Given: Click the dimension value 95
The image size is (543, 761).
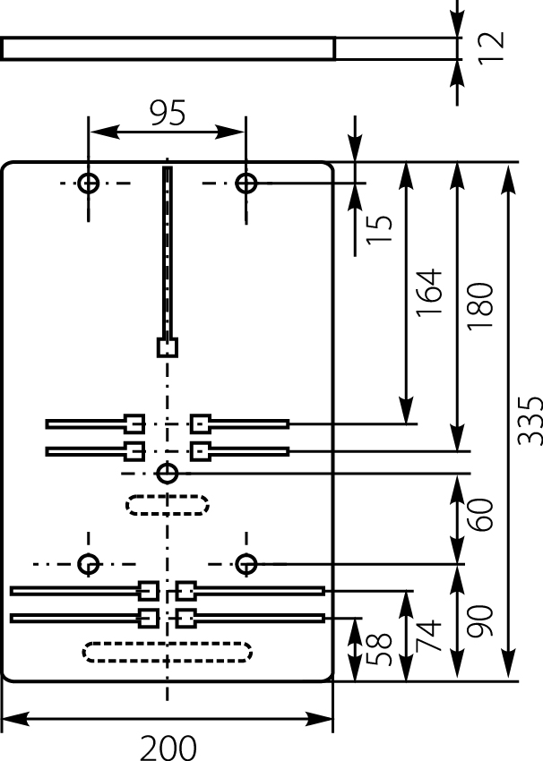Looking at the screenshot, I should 167,113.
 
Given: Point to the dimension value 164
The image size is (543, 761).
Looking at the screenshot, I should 430,292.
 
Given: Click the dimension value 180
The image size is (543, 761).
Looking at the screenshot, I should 481,305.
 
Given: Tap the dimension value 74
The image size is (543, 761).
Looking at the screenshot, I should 430,636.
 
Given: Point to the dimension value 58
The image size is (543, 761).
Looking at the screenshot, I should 380,649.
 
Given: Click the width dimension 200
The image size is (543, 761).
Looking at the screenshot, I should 168,746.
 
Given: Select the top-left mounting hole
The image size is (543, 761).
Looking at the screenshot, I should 88,184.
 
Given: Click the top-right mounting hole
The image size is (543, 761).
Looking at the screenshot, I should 246,184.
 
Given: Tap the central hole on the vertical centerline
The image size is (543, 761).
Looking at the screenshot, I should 167,473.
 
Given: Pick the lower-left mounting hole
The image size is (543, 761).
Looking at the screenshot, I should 88,564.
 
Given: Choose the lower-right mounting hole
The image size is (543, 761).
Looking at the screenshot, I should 246,564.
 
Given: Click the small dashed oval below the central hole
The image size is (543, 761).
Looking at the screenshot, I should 168,505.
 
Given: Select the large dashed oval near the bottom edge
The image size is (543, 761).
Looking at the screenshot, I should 168,651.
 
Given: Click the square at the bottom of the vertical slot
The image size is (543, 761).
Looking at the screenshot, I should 167,346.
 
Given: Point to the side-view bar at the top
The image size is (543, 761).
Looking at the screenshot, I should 168,48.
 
